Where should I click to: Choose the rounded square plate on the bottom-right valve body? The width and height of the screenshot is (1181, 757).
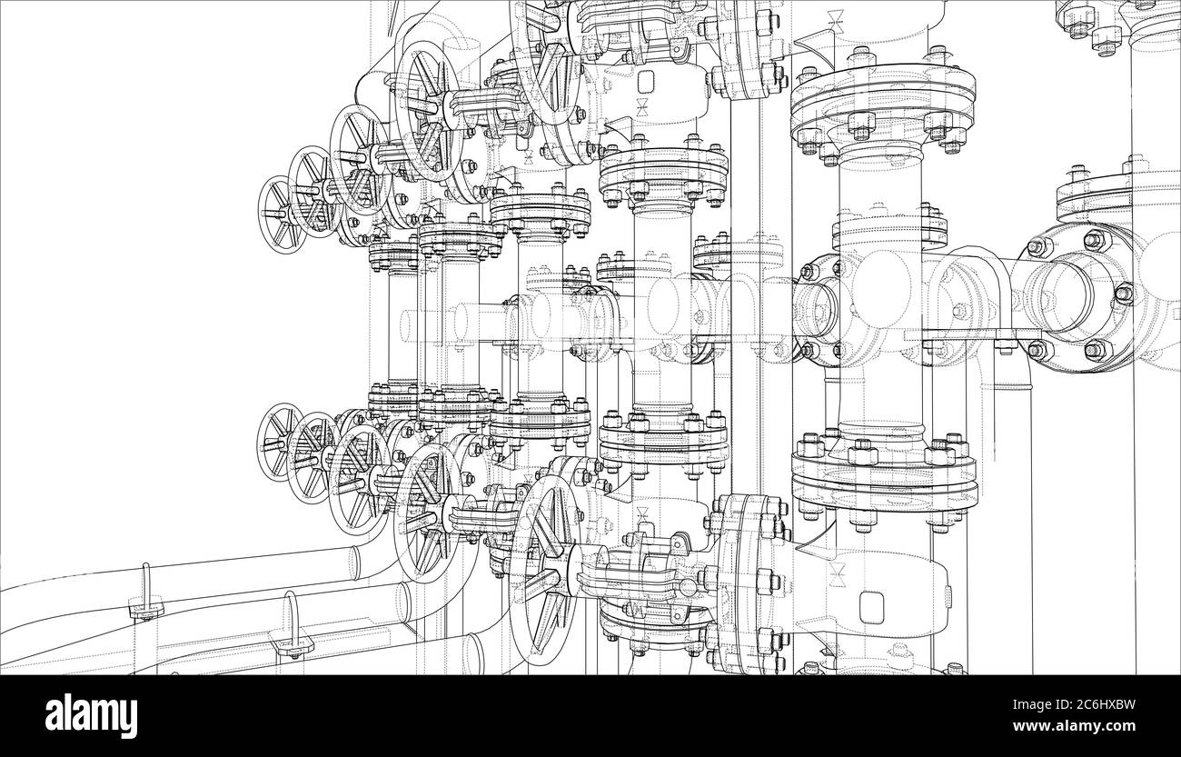pos(873,606)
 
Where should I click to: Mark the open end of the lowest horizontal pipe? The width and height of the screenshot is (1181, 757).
pos(474,652)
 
